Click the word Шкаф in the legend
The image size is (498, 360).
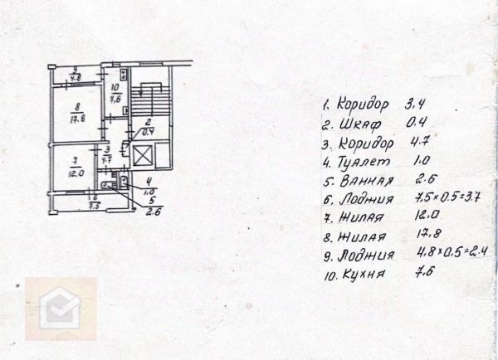359,124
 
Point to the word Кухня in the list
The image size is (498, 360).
362,275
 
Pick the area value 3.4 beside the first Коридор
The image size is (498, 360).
416,105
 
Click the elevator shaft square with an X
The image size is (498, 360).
144,154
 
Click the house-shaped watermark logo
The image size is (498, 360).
59,311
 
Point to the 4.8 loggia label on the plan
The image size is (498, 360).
76,79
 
